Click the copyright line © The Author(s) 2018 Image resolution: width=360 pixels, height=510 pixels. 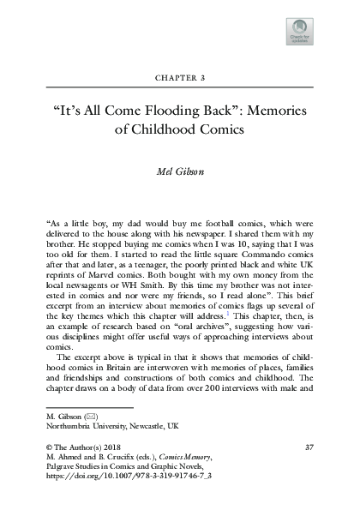[x=81, y=448]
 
